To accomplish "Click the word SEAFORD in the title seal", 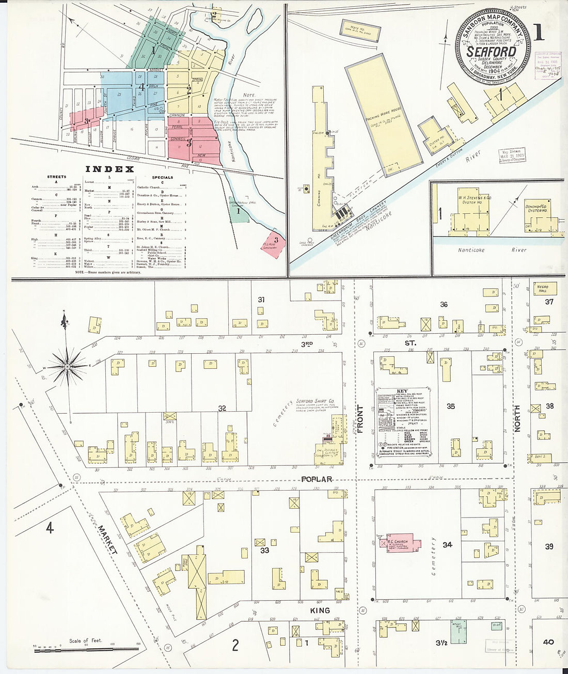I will [x=491, y=52].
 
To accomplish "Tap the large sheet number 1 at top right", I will [x=538, y=32].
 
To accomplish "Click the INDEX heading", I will [x=109, y=169].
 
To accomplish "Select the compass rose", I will [x=67, y=366].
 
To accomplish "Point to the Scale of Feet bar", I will [x=86, y=649].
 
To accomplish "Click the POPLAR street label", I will [x=317, y=479].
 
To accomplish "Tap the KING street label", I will [x=320, y=610].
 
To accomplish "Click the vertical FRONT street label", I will [x=360, y=419].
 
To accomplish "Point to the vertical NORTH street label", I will [x=517, y=418].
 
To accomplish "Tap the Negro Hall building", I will [x=542, y=288].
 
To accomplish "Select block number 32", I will [x=222, y=409].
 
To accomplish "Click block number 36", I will [x=444, y=304].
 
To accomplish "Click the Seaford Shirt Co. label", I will [x=315, y=402].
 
